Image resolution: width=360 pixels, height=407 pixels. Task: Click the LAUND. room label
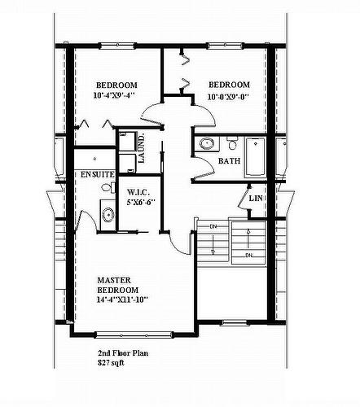(x=140, y=148)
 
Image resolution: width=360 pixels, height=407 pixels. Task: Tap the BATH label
(x=229, y=161)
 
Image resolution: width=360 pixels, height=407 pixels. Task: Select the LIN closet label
(x=256, y=199)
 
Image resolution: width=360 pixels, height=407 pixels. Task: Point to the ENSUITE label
(x=96, y=175)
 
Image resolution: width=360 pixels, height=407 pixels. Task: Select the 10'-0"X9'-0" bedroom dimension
(x=228, y=94)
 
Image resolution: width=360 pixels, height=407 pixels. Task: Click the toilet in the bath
(x=231, y=147)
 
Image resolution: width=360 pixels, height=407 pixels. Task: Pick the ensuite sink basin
(x=107, y=215)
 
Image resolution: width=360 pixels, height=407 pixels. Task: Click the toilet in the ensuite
(x=107, y=188)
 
